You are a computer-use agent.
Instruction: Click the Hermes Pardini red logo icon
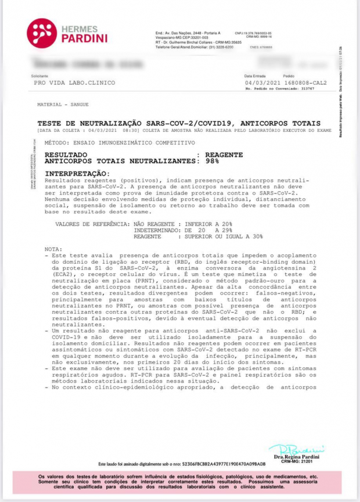click(x=42, y=33)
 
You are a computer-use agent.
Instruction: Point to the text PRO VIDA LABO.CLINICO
click(x=74, y=83)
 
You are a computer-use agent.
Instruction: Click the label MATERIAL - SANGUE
click(x=58, y=105)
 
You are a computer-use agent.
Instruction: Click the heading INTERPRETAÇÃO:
click(x=77, y=174)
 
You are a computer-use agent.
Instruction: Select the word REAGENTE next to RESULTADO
click(x=220, y=155)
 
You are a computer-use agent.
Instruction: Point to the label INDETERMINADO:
click(x=157, y=230)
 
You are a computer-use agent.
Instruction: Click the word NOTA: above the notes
click(x=53, y=249)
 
